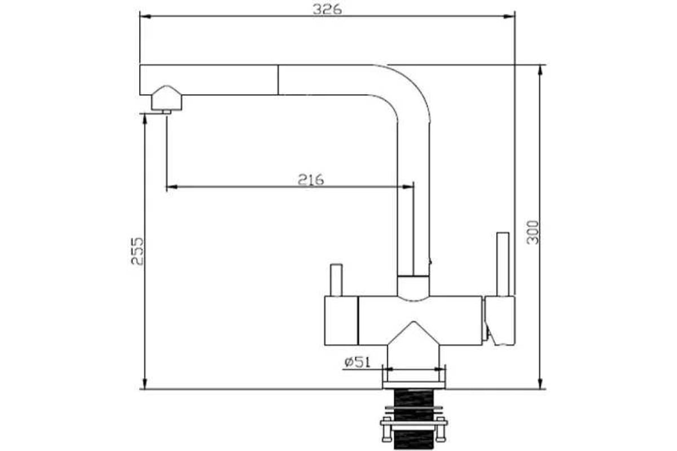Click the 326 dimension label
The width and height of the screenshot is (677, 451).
[327, 9]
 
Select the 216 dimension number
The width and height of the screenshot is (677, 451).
[311, 180]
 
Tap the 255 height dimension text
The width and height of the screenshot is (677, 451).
[138, 251]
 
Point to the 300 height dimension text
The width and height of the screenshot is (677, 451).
[533, 232]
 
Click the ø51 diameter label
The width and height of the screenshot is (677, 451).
[357, 362]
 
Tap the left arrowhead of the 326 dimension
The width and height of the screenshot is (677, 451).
[146, 16]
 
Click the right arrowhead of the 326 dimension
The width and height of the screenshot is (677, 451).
[509, 16]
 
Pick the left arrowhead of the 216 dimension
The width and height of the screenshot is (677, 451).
[172, 187]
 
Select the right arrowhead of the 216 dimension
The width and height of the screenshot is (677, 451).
[408, 187]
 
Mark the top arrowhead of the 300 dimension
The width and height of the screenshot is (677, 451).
[540, 70]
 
